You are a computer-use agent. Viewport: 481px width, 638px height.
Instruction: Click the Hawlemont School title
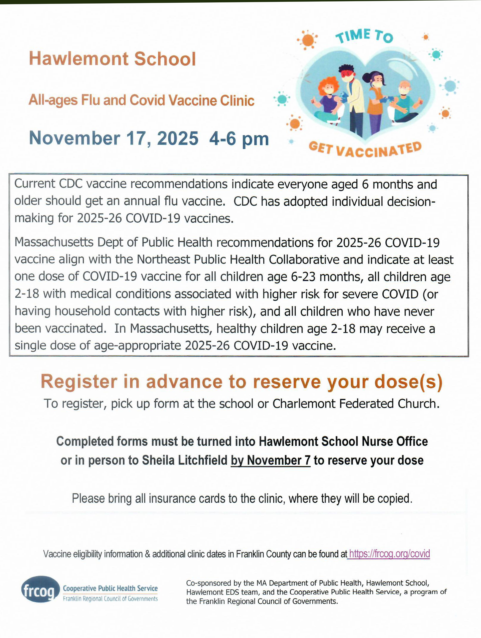(112, 58)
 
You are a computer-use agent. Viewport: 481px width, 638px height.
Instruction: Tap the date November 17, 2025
(113, 138)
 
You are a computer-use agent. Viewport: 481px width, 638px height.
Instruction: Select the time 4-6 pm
(239, 139)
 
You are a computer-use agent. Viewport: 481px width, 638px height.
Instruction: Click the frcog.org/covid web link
(389, 554)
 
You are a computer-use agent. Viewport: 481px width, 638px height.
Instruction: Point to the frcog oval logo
(40, 589)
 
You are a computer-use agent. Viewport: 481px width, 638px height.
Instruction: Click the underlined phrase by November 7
(270, 460)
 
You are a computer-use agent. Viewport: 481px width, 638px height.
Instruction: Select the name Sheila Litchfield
(184, 460)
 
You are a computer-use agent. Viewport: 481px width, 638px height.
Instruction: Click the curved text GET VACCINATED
(365, 149)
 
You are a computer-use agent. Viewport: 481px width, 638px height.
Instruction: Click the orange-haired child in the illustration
(328, 98)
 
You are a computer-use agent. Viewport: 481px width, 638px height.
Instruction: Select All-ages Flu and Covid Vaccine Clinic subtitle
(141, 100)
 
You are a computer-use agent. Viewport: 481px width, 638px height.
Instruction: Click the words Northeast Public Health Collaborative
(238, 260)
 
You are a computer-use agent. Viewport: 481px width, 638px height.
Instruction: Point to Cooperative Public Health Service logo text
(110, 588)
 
